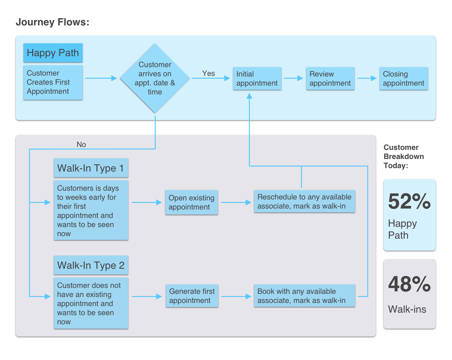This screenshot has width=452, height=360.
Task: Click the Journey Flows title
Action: (52, 22)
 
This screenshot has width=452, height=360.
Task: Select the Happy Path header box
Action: (53, 53)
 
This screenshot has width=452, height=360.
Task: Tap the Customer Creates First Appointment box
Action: (53, 82)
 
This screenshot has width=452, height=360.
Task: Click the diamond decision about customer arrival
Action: (155, 78)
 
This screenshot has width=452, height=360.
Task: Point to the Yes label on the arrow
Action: (208, 73)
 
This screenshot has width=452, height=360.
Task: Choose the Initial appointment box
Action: (257, 79)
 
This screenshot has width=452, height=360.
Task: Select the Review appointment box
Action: (330, 79)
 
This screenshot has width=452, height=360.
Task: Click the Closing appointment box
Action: (404, 79)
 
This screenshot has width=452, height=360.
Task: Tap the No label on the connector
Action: (81, 145)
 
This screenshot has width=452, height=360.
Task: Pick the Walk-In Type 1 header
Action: (91, 168)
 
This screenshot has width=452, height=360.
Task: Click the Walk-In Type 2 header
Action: (91, 265)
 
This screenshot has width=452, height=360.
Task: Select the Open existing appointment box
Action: (191, 203)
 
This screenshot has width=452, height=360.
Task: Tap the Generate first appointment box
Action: (192, 296)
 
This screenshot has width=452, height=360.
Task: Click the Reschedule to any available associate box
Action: (304, 202)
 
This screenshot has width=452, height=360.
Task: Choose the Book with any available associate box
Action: (304, 296)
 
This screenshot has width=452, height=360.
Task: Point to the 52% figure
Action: (409, 201)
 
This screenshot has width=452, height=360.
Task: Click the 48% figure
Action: (409, 284)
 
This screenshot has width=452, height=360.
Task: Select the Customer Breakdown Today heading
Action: (404, 156)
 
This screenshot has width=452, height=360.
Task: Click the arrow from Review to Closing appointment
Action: (367, 78)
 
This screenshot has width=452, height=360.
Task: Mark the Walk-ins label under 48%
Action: (407, 309)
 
